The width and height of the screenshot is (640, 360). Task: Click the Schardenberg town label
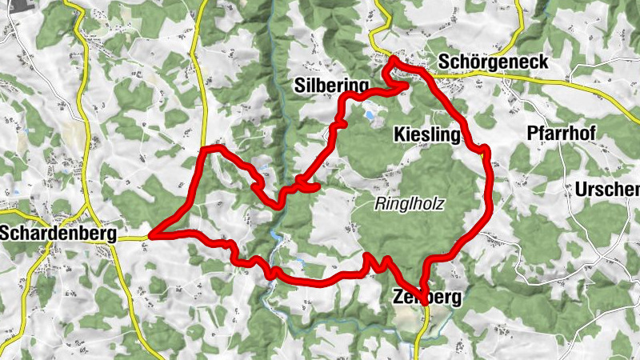(58, 234)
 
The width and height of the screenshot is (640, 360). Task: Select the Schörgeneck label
(493, 62)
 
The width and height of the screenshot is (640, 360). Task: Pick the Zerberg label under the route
(428, 298)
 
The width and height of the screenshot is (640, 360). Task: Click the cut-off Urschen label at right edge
(607, 190)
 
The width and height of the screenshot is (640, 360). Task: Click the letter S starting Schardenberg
(8, 234)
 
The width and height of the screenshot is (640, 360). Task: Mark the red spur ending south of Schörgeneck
(407, 83)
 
